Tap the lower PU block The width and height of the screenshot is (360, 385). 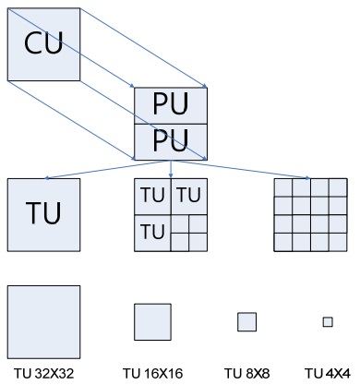click(170, 139)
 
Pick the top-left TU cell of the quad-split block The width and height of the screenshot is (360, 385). click(151, 196)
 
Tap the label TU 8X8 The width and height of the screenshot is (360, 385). click(246, 373)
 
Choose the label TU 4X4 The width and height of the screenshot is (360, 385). click(327, 373)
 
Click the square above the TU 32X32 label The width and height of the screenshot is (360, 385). click(42, 321)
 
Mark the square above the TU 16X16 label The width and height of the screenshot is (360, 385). click(152, 322)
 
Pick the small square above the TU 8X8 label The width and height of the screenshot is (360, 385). click(246, 321)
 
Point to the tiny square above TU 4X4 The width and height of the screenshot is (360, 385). click(327, 321)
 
